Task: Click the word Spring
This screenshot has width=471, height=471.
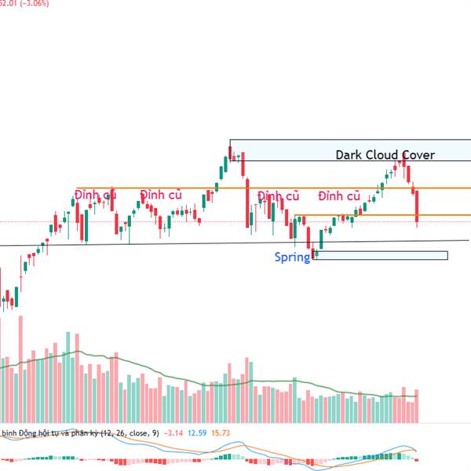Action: click(x=292, y=257)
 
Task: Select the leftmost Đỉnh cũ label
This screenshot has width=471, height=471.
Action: click(x=96, y=195)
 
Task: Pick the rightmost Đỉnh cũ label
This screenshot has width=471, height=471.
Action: click(x=339, y=195)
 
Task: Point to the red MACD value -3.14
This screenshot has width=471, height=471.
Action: click(x=173, y=433)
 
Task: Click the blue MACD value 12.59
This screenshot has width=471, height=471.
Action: click(x=197, y=433)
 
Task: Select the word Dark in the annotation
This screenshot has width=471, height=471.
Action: click(x=349, y=155)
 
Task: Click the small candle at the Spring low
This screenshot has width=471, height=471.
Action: click(x=315, y=253)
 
